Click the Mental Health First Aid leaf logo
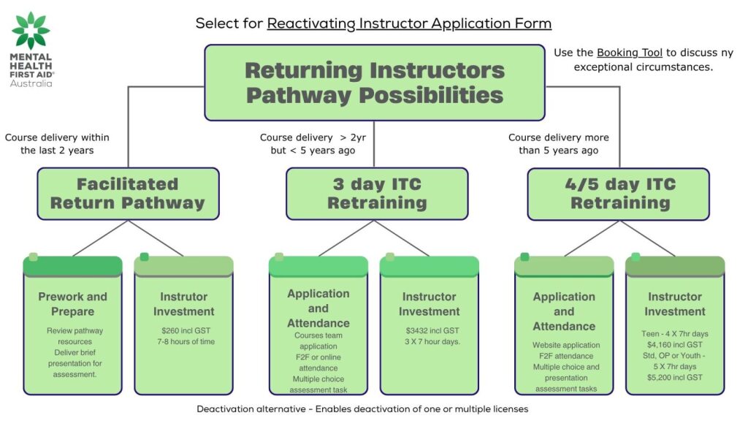click(x=31, y=30)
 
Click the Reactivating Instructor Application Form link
click(x=409, y=23)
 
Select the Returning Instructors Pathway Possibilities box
click(x=374, y=83)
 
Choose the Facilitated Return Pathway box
click(x=128, y=194)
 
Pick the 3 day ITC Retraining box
click(x=376, y=194)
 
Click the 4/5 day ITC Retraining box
click(x=619, y=194)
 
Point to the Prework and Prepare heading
click(x=72, y=304)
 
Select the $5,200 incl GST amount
click(x=674, y=377)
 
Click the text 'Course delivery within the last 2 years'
click(x=56, y=144)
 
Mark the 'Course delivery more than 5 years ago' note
click(x=558, y=144)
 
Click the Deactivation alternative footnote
click(x=362, y=409)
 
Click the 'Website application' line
click(x=565, y=345)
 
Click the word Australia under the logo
click(x=31, y=83)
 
